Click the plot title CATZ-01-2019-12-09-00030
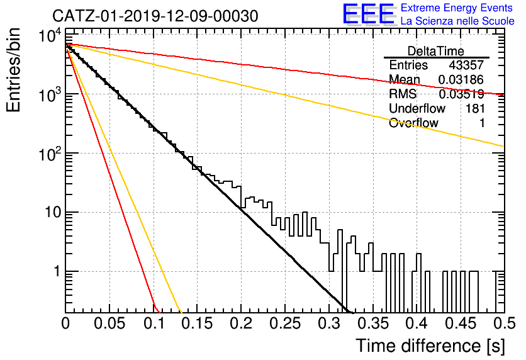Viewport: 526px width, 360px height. (x=155, y=16)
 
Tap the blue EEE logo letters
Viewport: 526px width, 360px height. (x=369, y=14)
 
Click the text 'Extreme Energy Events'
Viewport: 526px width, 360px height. (x=457, y=8)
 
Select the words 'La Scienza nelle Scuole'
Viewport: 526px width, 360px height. (x=457, y=21)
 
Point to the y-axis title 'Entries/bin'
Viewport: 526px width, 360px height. (x=13, y=70)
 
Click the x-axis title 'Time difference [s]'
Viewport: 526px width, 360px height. (x=430, y=346)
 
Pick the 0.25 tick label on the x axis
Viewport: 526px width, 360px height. (x=286, y=323)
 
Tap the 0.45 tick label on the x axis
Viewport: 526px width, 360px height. (x=461, y=323)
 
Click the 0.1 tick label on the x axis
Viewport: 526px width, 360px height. (x=154, y=323)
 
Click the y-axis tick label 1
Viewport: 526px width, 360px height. (x=58, y=271)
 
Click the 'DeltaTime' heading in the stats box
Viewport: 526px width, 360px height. (x=436, y=51)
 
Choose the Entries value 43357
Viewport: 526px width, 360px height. (x=466, y=65)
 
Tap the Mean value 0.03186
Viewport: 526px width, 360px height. (x=461, y=79)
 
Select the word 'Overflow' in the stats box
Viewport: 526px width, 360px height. (x=413, y=123)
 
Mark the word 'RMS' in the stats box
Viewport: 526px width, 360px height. (x=403, y=94)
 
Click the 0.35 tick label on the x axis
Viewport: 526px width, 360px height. (x=373, y=323)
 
